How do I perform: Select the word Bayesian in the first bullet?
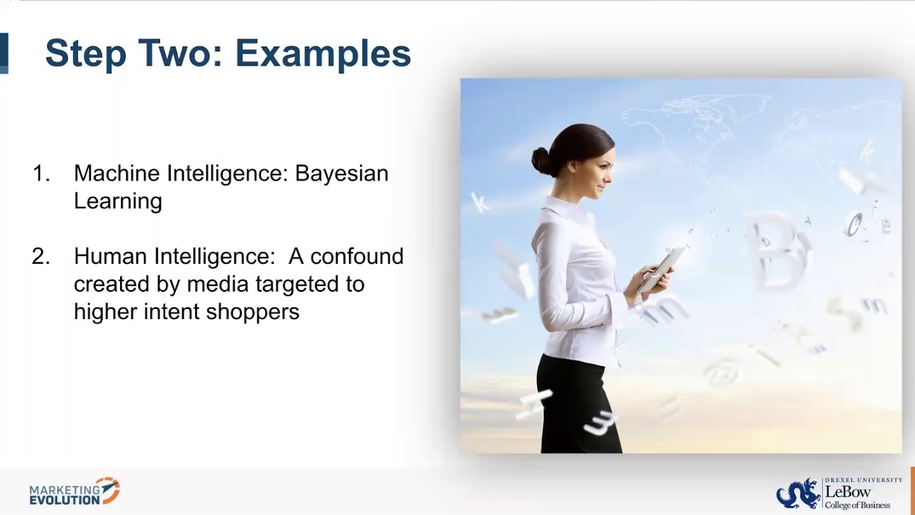pos(342,174)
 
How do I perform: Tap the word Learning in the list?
pos(118,202)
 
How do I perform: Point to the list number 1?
pos(41,174)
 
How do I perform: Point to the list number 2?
pos(41,257)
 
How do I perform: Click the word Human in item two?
pos(112,257)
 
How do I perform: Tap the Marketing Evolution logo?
pos(74,492)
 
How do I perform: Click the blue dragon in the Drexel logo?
pos(798,494)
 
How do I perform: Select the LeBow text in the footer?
pos(848,492)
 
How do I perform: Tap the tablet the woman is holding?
pos(659,268)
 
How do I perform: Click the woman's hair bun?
pos(542,162)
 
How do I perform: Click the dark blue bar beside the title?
pos(4,53)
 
